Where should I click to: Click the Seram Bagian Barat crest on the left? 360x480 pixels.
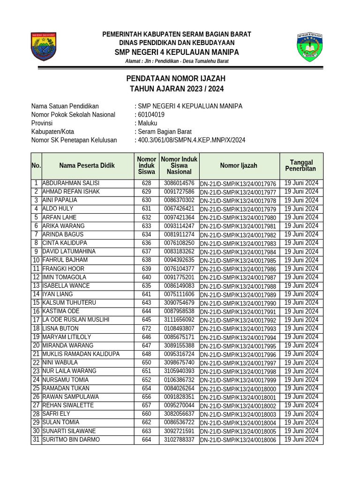44,46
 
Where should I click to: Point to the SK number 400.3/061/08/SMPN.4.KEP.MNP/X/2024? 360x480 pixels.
191,140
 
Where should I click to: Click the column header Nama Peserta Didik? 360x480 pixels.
87,165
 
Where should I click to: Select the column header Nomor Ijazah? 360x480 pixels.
239,165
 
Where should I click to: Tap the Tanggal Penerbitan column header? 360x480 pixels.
301,165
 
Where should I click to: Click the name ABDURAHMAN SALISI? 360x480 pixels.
71,183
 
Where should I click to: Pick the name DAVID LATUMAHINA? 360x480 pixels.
69,252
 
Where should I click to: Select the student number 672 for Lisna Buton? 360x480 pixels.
147,329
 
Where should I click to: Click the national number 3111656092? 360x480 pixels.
179,320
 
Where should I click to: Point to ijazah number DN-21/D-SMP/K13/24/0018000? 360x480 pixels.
239,389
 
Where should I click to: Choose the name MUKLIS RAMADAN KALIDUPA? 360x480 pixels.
81,354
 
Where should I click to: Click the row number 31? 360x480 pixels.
36,440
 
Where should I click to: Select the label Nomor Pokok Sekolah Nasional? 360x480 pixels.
73,115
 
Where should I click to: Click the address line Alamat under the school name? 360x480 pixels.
177,61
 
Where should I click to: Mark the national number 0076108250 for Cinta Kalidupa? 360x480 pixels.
179,243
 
